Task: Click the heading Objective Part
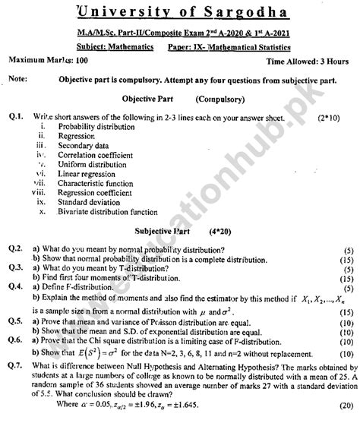click(x=148, y=99)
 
